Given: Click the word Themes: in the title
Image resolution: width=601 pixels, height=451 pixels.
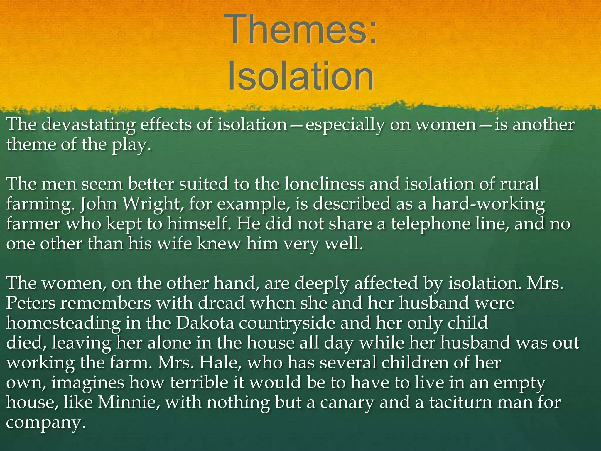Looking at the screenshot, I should [300, 30].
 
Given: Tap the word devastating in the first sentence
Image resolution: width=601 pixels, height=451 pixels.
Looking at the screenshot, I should [88, 125].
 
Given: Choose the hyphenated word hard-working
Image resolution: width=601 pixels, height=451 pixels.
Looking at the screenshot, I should [488, 204].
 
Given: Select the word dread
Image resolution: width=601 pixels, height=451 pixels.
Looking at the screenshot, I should [221, 303].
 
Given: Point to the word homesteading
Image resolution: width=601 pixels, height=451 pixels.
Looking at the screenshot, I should [63, 323].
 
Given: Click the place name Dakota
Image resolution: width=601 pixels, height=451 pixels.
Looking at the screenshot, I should [205, 323].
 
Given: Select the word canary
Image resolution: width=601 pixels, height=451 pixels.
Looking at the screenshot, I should [347, 403].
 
